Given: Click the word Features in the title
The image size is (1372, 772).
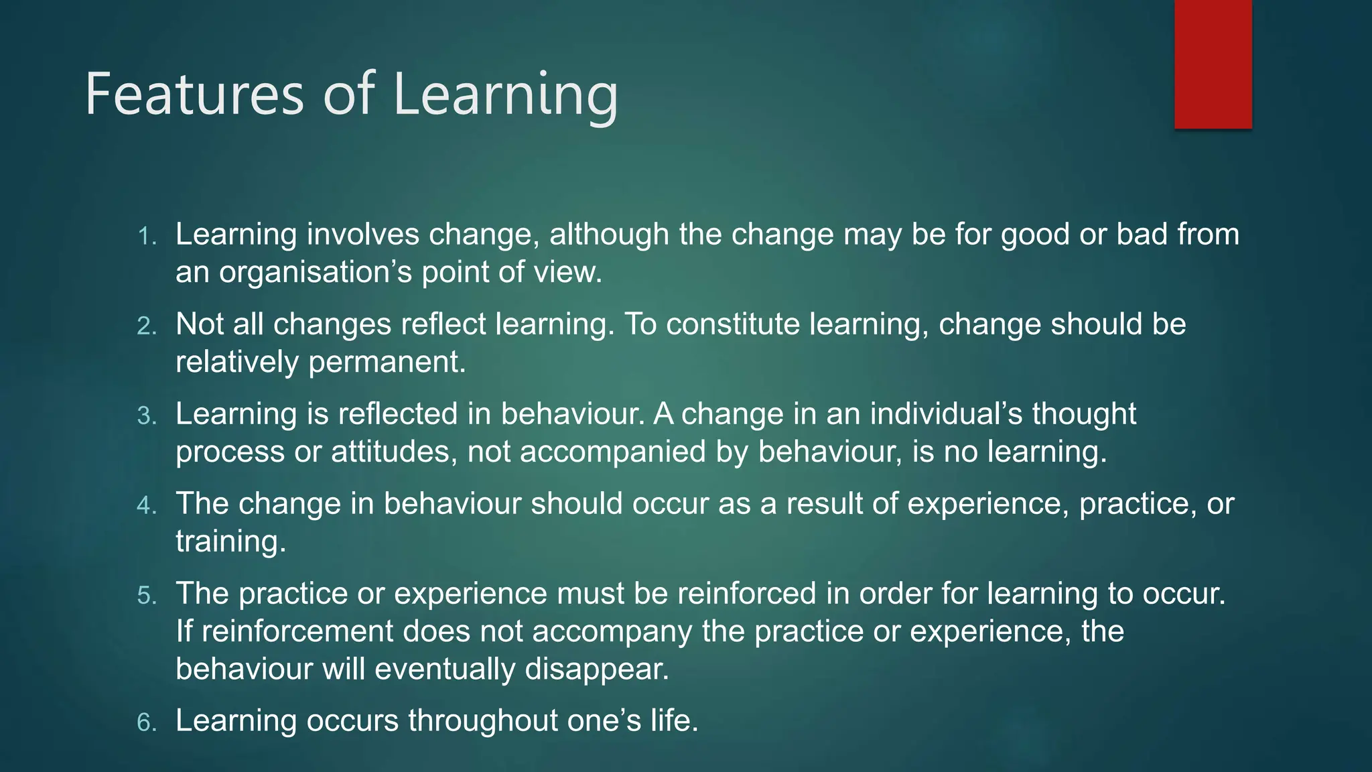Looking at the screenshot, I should pos(194,94).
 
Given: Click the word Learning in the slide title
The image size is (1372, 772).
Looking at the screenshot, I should pos(505,94).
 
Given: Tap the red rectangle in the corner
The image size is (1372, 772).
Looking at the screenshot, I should pos(1213,64).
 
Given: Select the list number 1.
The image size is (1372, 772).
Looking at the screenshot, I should pos(147,237).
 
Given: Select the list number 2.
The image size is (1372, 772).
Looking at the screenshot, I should pos(147,326).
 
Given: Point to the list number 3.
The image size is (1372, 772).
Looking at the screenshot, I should pos(147,416).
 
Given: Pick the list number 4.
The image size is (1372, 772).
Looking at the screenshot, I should pos(147,506).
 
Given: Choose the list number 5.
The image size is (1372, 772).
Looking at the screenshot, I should pos(147,596).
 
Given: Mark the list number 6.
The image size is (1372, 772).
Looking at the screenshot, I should pos(147,723).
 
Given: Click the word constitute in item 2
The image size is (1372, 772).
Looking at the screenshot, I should pos(733,324).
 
